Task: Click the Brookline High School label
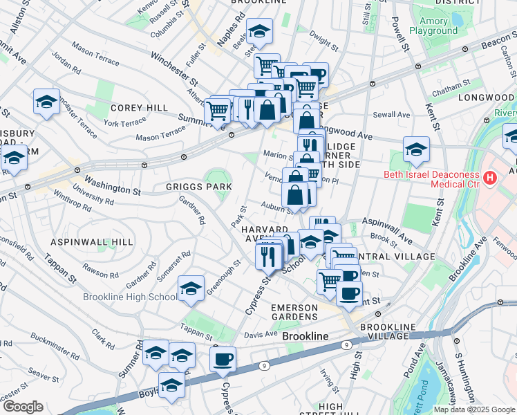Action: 129,297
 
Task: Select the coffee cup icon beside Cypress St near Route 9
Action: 223,360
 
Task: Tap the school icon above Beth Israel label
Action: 416,149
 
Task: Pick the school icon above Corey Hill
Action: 46,102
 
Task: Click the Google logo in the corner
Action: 24,407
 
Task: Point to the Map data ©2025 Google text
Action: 473,409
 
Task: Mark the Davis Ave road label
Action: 261,334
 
